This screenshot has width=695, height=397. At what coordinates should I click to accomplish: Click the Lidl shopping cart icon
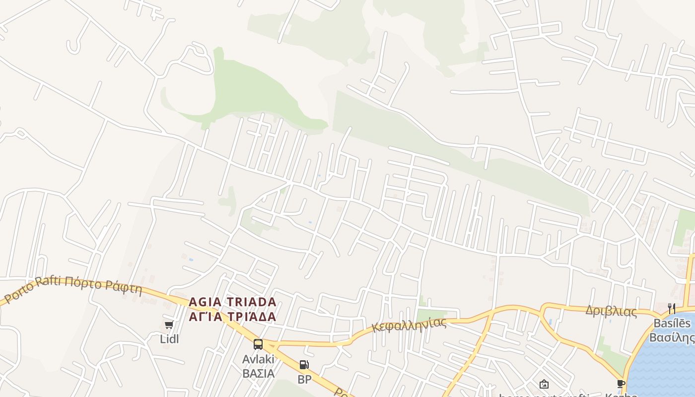tap(169, 325)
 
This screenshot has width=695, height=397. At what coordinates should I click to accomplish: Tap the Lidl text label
tap(169, 339)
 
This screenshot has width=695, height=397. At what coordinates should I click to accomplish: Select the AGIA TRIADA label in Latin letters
tap(232, 302)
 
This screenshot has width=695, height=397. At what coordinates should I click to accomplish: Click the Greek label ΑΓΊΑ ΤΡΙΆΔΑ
tap(232, 317)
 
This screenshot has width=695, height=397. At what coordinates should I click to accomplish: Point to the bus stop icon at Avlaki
tap(258, 344)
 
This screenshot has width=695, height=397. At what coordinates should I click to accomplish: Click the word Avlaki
tap(258, 359)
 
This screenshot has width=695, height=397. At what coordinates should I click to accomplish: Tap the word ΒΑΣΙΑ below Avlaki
tap(258, 373)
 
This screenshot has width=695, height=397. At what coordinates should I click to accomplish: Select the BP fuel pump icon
tap(304, 365)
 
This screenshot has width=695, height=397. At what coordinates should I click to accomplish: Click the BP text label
tap(304, 380)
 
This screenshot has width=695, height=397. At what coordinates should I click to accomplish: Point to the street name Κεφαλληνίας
tap(409, 325)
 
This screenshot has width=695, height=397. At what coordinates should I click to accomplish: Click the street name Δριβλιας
tap(611, 311)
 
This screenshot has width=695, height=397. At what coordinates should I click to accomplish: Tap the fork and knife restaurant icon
tap(672, 309)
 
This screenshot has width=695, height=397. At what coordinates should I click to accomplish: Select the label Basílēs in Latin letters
tap(672, 324)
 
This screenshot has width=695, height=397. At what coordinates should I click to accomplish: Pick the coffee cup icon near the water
tap(621, 384)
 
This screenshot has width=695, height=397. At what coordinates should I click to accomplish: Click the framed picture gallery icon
tap(544, 384)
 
